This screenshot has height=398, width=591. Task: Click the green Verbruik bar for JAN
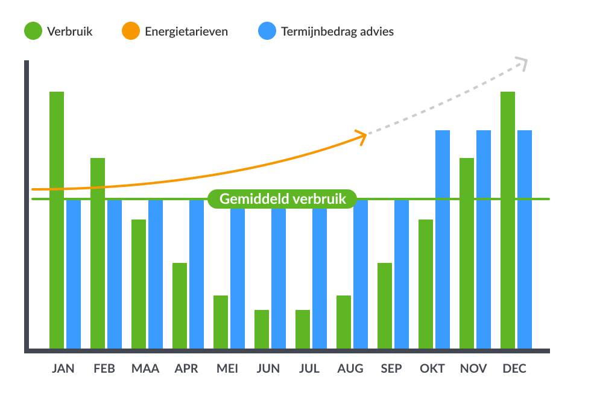(57, 220)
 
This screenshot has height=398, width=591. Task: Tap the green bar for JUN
(262, 329)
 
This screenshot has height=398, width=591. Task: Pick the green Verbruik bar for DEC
(508, 220)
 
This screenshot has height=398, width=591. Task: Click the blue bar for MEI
(238, 274)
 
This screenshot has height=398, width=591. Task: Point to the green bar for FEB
(98, 253)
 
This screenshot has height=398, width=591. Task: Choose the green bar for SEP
(385, 306)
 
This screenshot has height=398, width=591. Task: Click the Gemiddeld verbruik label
(282, 199)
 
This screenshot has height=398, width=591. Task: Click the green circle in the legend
(33, 31)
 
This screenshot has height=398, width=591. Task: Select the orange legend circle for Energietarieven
(131, 31)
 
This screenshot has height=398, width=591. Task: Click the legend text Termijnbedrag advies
(337, 31)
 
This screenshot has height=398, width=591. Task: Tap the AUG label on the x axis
(350, 368)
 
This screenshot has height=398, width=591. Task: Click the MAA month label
(145, 368)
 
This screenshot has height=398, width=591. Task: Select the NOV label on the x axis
(473, 368)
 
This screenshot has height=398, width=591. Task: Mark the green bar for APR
(180, 306)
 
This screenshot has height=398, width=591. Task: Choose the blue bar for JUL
(320, 274)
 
